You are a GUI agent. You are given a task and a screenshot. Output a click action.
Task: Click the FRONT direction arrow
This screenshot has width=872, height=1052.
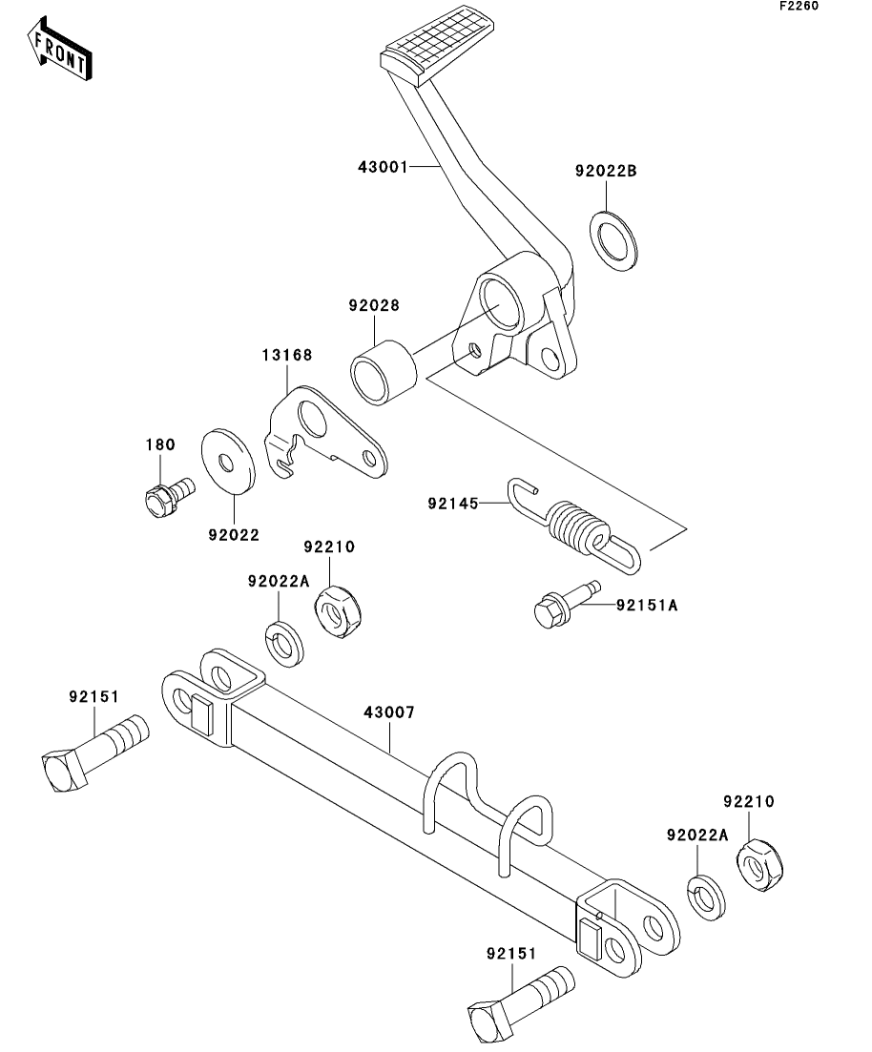point(59,50)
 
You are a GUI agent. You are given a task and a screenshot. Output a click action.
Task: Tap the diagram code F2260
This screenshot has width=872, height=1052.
point(799,6)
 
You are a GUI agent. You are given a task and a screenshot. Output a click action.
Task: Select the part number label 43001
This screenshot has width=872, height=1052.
point(383,167)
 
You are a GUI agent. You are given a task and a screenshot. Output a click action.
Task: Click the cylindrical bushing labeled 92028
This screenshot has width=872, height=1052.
point(384,372)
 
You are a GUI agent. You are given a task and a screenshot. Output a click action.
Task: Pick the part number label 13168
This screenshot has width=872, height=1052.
point(287,355)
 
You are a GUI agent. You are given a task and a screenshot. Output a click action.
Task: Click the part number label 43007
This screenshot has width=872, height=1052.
point(389,712)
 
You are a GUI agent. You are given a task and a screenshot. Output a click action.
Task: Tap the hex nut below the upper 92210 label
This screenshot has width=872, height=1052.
point(338,611)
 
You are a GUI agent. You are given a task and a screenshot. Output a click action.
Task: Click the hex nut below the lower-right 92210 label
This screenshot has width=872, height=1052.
point(759,865)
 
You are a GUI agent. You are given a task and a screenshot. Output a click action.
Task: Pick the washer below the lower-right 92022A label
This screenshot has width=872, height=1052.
point(706,897)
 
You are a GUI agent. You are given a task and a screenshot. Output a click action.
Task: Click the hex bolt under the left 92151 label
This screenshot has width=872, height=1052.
point(94,753)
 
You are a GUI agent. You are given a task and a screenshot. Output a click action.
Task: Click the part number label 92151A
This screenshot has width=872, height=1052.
point(647,606)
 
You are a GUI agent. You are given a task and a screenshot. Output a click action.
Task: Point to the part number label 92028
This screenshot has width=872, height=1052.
point(374,305)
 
